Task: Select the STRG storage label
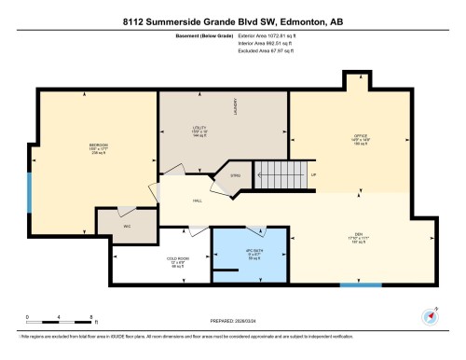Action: tap(236, 173)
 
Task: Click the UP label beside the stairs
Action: tap(313, 175)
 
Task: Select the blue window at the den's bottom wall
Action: tap(361, 284)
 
